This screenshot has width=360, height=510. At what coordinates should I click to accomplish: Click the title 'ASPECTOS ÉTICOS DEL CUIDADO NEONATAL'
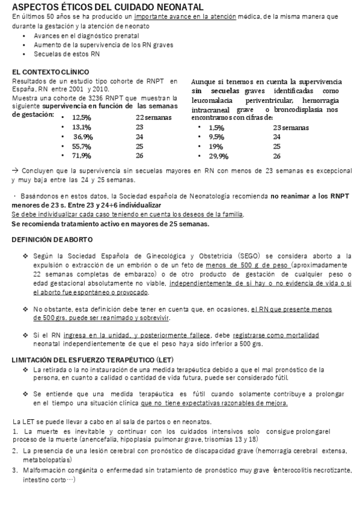point(106,7)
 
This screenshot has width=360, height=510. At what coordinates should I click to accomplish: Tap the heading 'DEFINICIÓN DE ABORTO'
point(49,239)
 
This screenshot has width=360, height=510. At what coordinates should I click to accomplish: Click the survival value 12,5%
point(82,117)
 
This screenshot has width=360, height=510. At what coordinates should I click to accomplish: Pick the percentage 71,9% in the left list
point(82,156)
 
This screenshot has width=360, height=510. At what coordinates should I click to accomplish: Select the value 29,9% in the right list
point(219,156)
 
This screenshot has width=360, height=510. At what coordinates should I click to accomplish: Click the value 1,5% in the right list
point(216,127)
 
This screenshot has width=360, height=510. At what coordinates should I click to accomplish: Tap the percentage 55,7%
point(82,146)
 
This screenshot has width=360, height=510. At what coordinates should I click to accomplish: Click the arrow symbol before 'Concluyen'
point(14,171)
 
